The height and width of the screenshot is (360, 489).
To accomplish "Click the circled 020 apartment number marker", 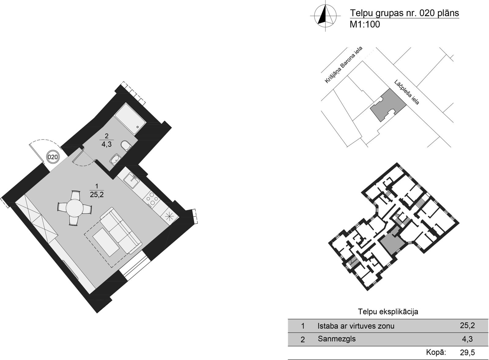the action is pos(53,157).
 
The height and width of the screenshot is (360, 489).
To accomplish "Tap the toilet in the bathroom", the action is pos(126,145).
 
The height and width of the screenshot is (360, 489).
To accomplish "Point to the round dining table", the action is pos(75,208).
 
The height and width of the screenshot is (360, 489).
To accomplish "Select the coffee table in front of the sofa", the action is pos(106,242).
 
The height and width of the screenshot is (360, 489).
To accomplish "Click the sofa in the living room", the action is pos(121,231).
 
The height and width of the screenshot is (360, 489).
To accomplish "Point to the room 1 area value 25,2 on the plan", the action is pos(97,195).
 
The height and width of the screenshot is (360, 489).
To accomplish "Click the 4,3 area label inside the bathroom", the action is pos(107,144).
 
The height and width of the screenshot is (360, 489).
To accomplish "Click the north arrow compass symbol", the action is pos(325,16).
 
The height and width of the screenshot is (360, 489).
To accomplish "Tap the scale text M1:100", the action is pos(365,24).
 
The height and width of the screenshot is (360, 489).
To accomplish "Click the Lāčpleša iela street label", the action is pos(407,92).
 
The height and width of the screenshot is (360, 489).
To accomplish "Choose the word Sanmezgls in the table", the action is pos(336,339).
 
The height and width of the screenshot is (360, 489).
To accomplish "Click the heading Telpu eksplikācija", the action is pos(388,311).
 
